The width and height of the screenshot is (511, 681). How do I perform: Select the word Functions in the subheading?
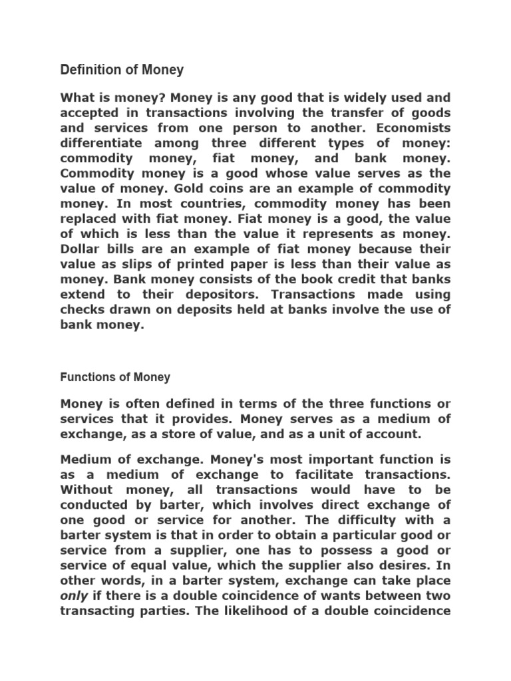coord(87,377)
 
